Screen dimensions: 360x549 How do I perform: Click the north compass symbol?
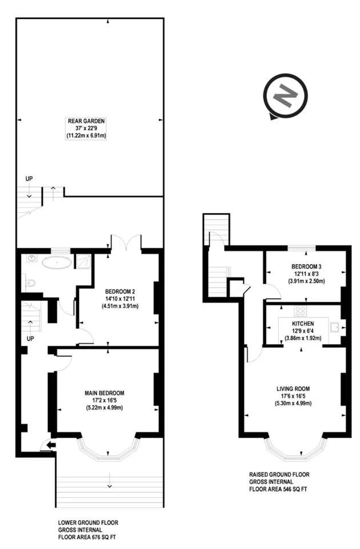coord(285,96)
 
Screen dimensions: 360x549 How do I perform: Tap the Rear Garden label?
coord(86,121)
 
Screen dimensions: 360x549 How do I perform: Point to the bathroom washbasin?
coord(32,259)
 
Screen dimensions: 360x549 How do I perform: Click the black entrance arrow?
coord(51,445)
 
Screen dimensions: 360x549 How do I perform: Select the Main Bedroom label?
coord(104,393)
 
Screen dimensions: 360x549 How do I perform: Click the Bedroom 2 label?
coord(120,291)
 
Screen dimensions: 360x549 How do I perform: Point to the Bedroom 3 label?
coord(306,266)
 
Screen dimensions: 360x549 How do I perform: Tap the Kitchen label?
coord(303,324)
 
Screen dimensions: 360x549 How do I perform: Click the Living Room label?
coord(293,389)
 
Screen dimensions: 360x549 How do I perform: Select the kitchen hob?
coord(300,311)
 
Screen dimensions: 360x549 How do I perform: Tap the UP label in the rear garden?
coord(29,179)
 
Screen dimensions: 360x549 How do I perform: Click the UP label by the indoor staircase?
coord(30,339)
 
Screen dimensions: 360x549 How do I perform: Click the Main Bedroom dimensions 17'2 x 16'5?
coord(104,400)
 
